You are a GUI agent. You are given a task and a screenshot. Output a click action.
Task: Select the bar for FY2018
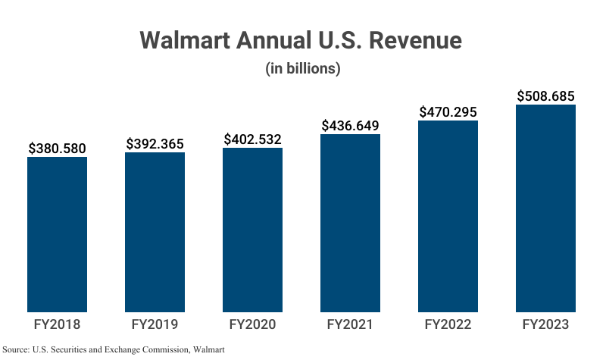click(x=57, y=234)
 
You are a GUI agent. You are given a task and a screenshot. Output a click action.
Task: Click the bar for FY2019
click(x=155, y=232)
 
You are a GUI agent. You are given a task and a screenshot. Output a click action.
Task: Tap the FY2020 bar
click(x=252, y=230)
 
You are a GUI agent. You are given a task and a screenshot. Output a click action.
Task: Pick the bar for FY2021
click(x=350, y=223)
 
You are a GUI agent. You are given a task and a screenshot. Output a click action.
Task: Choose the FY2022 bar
click(x=448, y=216)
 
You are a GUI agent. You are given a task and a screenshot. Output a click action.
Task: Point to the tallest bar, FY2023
click(x=545, y=208)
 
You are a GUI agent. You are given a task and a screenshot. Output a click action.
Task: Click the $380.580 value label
click(x=57, y=149)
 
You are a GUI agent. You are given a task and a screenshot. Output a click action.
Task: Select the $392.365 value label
click(x=155, y=143)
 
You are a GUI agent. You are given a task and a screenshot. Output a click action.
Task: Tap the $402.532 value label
click(x=252, y=139)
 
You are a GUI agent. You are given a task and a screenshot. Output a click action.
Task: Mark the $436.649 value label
click(x=350, y=125)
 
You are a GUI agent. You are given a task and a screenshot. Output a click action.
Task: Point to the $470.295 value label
click(x=448, y=111)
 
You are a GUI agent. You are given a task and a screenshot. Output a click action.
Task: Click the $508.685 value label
click(x=545, y=96)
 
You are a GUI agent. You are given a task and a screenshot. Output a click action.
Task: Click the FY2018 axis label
click(x=57, y=324)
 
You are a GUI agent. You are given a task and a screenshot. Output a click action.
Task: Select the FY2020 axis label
click(x=252, y=324)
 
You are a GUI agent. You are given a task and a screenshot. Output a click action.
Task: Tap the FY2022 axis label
click(x=448, y=324)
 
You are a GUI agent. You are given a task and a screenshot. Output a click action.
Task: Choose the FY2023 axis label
click(x=545, y=324)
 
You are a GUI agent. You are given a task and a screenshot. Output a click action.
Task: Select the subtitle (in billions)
click(x=302, y=68)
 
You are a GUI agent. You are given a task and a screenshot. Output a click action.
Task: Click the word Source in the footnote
click(x=17, y=350)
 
